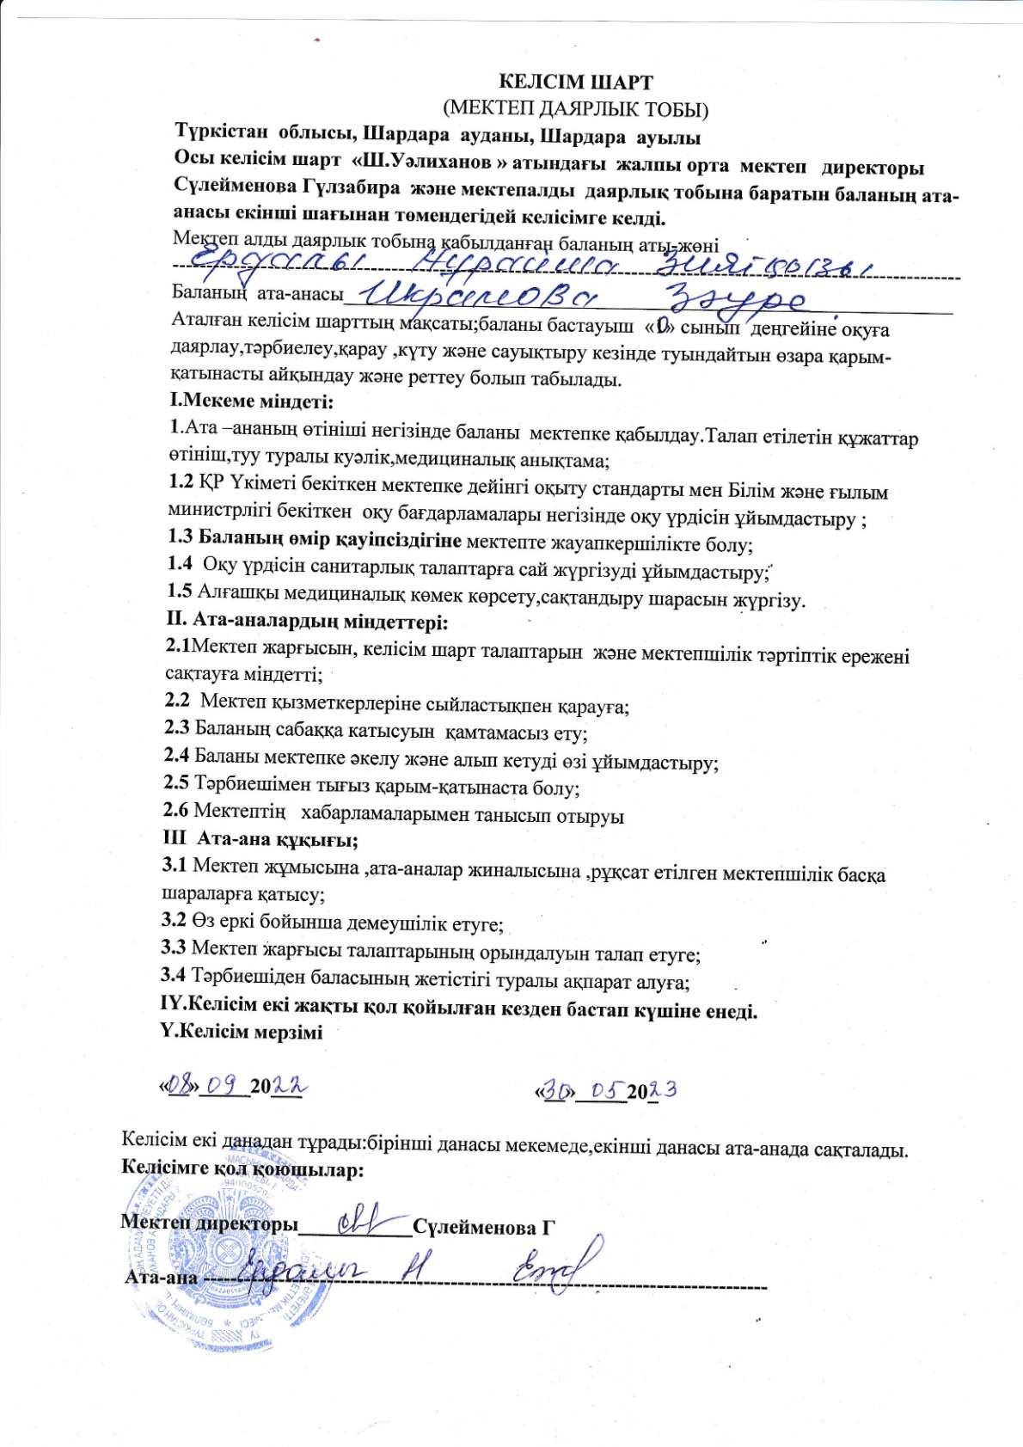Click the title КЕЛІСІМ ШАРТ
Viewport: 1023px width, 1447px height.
(576, 83)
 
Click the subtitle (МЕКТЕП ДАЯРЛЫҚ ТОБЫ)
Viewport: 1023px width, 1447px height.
(575, 109)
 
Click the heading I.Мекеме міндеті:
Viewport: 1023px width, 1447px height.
(251, 401)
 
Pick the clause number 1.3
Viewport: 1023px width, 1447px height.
(180, 539)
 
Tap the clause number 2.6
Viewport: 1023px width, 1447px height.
(175, 811)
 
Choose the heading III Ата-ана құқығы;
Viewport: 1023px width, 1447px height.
(260, 839)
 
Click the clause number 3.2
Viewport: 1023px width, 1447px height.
(174, 921)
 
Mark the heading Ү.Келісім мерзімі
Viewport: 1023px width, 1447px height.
(242, 1032)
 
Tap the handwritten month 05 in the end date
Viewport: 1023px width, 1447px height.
(606, 1089)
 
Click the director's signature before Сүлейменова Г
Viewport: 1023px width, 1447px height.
(362, 1222)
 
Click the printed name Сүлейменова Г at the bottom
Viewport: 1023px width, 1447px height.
(484, 1227)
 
